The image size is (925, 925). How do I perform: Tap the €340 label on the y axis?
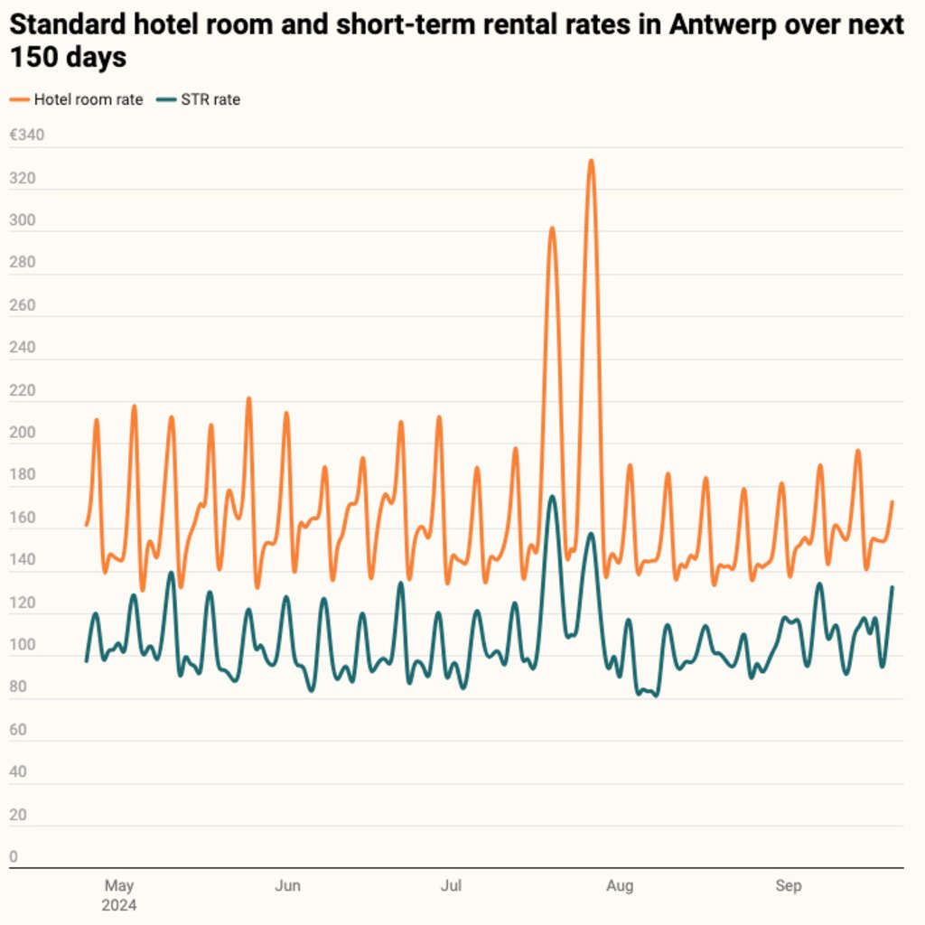coord(26,135)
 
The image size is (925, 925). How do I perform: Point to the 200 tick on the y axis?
coord(21,433)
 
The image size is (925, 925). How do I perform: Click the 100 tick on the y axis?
coord(21,645)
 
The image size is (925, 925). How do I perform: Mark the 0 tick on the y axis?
coord(14,856)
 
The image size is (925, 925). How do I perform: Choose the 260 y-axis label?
coord(21,305)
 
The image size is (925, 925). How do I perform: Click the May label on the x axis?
coord(119,886)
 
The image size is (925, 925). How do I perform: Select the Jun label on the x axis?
coord(287,886)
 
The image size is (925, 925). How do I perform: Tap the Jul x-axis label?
coord(451,886)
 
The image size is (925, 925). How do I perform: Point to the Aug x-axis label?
coord(620,886)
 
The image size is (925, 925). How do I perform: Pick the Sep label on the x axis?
coord(789,886)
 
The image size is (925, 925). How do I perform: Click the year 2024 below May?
coord(119,905)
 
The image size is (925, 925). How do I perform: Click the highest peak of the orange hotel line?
coord(591,161)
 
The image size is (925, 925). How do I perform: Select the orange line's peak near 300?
coord(552,228)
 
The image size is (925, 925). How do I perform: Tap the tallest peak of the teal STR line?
coord(552,496)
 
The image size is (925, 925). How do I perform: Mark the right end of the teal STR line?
coord(892,587)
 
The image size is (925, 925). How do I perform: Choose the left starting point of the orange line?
coord(87,524)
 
